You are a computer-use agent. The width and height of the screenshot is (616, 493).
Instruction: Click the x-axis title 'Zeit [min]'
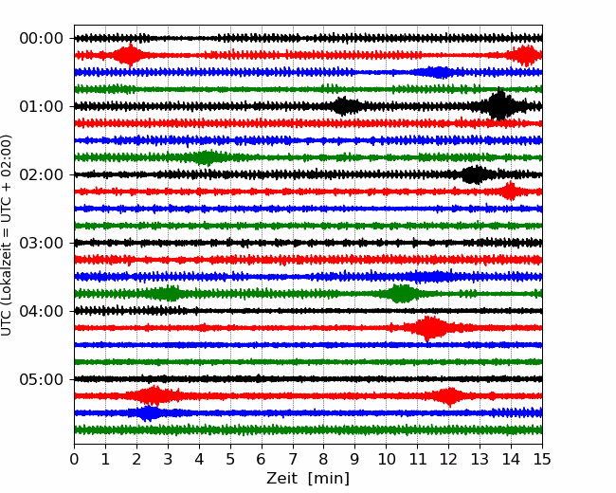pos(308,479)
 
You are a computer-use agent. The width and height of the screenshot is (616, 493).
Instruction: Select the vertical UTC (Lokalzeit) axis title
pos(8,234)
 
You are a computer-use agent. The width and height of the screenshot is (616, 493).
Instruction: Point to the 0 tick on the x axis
pos(75,460)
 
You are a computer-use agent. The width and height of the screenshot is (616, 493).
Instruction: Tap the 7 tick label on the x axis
pos(293,460)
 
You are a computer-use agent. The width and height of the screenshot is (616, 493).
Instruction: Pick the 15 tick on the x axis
pos(542,460)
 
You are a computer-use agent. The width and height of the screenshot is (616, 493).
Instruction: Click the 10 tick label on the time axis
pos(387,460)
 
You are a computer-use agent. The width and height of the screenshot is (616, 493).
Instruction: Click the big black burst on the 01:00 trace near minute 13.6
pos(499,105)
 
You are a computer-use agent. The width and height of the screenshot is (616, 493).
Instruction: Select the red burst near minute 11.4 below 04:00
pos(431,328)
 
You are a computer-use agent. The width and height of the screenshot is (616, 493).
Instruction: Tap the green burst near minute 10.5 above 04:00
pos(403,294)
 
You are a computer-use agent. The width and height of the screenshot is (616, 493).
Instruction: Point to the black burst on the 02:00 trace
pos(475,174)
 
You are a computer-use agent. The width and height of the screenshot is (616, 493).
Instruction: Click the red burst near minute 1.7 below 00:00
pos(128,55)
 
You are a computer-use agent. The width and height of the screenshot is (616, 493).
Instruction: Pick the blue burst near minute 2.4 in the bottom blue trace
pos(149,413)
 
